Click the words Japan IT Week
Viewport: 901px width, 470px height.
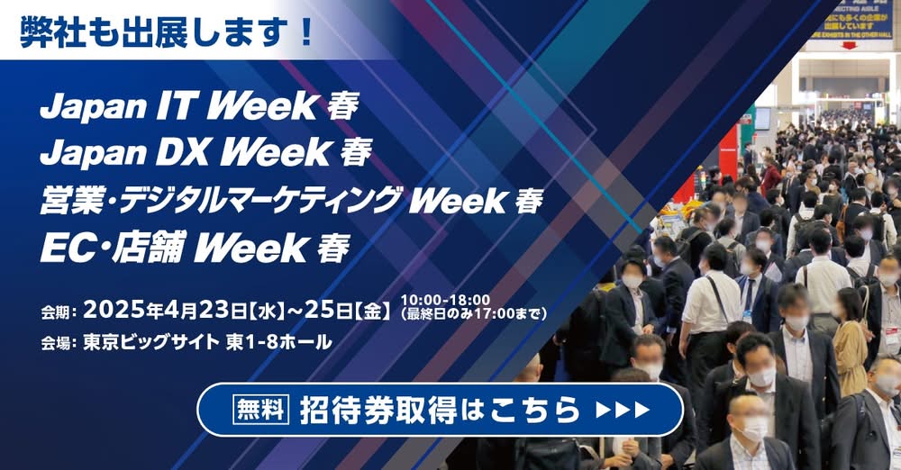click(x=178, y=106)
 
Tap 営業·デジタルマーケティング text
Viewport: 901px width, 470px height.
click(x=219, y=200)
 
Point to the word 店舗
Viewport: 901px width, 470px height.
click(x=150, y=248)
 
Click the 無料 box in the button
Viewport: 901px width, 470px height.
click(x=261, y=409)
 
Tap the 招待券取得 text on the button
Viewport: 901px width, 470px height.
click(x=378, y=410)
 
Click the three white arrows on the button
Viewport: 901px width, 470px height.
click(x=623, y=410)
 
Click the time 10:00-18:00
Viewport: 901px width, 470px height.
click(x=445, y=300)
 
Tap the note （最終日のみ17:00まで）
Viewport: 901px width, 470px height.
click(x=474, y=313)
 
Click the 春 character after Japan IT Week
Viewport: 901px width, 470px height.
click(x=343, y=107)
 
